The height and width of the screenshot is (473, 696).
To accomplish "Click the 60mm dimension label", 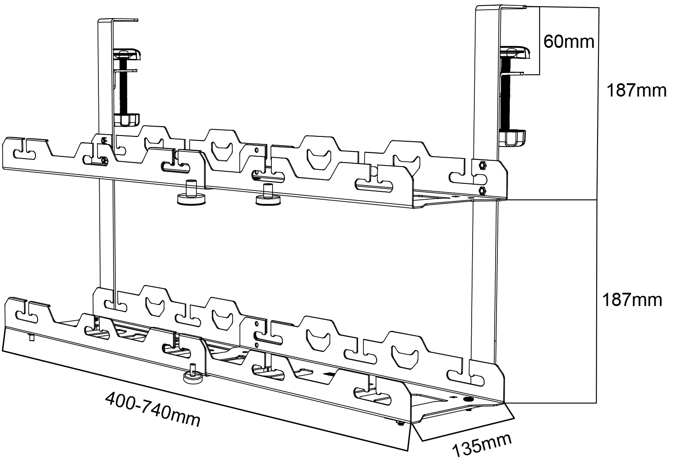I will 569,42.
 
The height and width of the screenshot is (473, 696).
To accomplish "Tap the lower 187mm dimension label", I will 632,300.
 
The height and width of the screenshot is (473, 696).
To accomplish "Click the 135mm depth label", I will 482,445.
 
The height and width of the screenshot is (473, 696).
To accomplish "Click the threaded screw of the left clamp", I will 122,89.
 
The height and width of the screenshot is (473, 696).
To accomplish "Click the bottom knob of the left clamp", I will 127,120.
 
